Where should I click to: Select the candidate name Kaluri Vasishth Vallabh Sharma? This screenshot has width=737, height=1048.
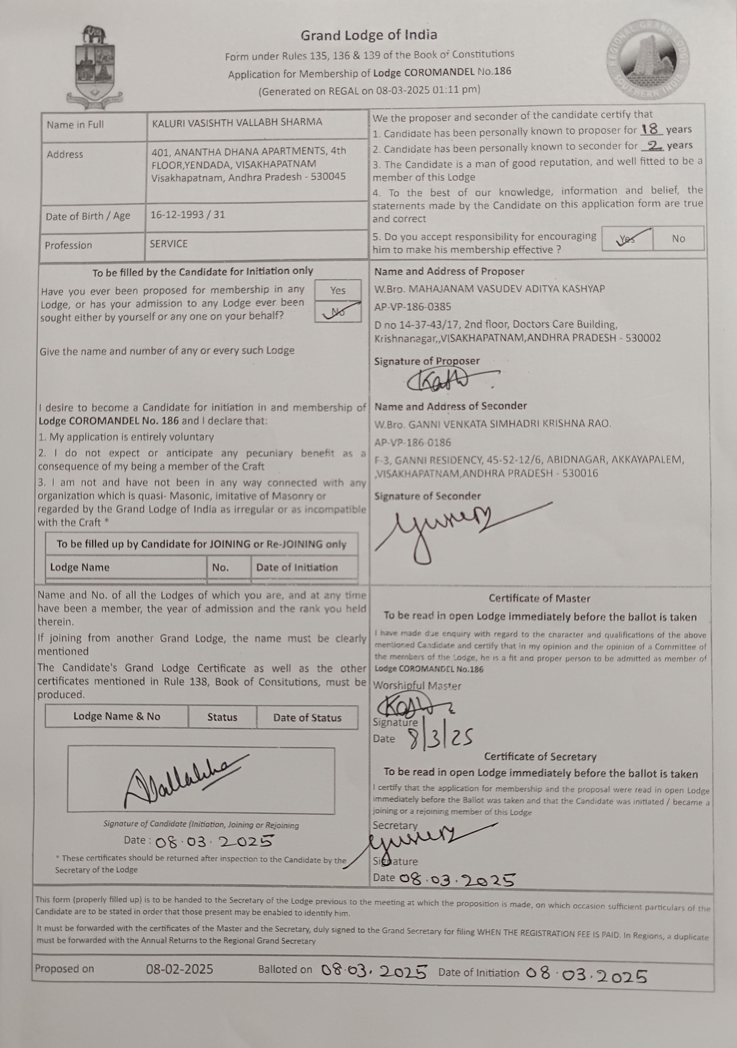tap(237, 122)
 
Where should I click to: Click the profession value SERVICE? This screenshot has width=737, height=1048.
tap(169, 244)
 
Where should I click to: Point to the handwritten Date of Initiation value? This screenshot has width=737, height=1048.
tap(586, 976)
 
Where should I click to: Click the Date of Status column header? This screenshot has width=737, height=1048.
tap(307, 717)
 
